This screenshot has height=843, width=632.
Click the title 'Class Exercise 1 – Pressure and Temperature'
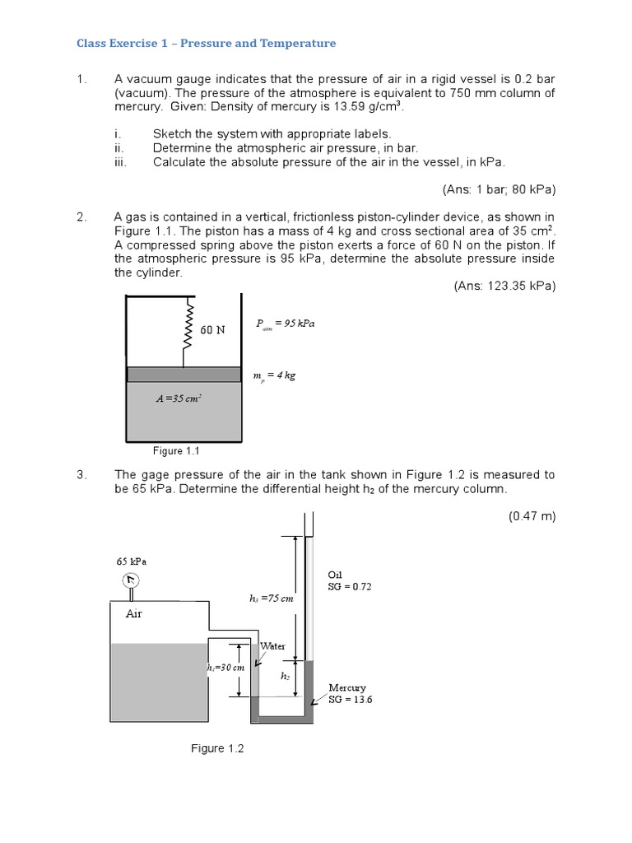pos(207,43)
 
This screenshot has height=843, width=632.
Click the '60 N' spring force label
pos(212,329)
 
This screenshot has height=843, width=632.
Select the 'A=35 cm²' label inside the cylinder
pos(179,398)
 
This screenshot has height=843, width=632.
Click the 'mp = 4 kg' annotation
pos(274,375)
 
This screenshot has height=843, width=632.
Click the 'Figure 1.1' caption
pos(177,451)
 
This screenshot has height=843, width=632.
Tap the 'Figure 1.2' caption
pos(217,748)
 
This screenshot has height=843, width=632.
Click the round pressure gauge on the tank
pos(132,581)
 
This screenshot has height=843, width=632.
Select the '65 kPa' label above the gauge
pos(132,561)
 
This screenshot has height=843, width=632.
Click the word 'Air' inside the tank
pos(134,613)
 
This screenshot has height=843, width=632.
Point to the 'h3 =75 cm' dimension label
pos(271,598)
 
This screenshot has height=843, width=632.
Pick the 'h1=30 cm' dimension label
pos(226,668)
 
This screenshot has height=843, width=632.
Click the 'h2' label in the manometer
pos(286,676)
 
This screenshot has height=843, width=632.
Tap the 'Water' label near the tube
pos(272,646)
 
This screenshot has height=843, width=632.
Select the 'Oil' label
pos(335,574)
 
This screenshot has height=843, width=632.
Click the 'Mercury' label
pos(347,687)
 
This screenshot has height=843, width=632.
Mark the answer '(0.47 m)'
pos(532,516)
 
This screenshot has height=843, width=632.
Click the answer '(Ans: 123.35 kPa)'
pos(504,286)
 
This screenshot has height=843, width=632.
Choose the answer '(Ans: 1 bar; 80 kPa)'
pos(499,189)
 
